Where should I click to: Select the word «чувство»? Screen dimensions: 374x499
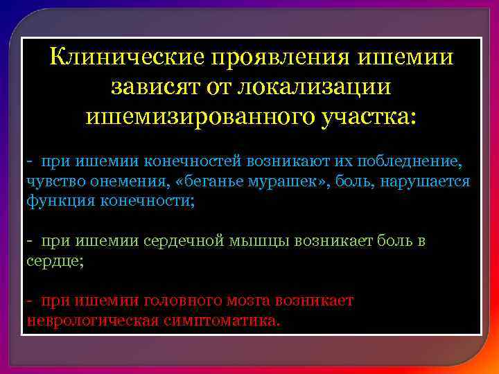[x=51, y=181]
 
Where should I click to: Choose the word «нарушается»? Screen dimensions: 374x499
[x=424, y=181]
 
